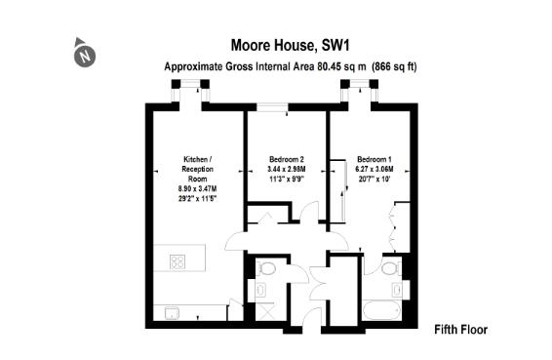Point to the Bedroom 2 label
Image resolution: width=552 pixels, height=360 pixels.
point(287,159)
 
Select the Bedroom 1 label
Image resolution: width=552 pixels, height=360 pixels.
point(374,159)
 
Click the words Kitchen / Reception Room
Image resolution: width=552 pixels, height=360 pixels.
point(198,169)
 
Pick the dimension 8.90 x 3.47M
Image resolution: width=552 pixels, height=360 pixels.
point(198,188)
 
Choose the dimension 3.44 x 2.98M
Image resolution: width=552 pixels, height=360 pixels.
point(287,170)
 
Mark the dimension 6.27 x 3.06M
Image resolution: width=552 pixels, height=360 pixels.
point(374,170)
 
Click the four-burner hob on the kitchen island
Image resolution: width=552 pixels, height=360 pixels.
point(178,262)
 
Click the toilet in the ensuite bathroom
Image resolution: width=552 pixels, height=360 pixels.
point(389,268)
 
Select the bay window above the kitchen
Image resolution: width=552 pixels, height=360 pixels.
point(190,91)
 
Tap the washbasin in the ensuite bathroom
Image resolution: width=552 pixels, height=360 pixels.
point(397,290)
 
